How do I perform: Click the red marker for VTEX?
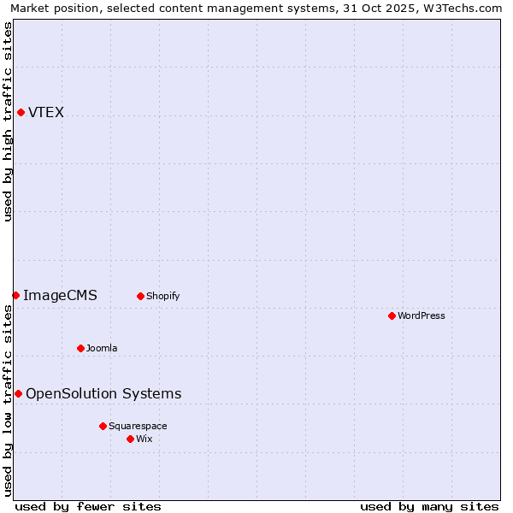[x=21, y=112]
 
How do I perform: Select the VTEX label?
[x=46, y=113]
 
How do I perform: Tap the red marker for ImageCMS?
[x=15, y=295]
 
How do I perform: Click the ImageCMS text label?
[x=60, y=296]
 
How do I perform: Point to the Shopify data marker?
[x=140, y=296]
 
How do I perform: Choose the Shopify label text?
[x=162, y=297]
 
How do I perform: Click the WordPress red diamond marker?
[x=392, y=315]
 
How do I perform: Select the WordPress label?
[x=421, y=316]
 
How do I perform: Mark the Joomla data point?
[x=80, y=348]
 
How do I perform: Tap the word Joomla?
[x=102, y=349]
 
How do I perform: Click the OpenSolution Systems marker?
[x=18, y=393]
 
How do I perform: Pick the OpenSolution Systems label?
[x=103, y=394]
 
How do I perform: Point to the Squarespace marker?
[x=103, y=426]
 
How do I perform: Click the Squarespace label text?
[x=138, y=427]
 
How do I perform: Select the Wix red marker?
[x=130, y=439]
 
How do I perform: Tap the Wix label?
[x=144, y=439]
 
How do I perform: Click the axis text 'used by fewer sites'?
[x=88, y=506]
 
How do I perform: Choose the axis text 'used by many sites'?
[x=429, y=506]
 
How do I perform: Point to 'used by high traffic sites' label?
[x=9, y=121]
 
